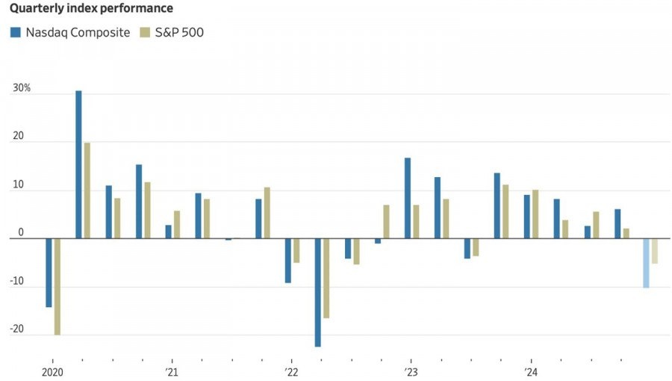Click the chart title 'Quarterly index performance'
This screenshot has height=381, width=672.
(91, 8)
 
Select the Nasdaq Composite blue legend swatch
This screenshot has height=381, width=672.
(15, 32)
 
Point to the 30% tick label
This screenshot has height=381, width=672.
(21, 88)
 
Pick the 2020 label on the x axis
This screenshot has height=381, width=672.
(52, 372)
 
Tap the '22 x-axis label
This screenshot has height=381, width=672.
(291, 372)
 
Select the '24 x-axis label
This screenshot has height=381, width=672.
(530, 372)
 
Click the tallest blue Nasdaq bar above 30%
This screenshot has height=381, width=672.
(78, 164)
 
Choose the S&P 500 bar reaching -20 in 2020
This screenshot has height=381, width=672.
(57, 287)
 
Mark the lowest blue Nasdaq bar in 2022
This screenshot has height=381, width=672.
(317, 293)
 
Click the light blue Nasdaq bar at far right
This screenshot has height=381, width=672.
(646, 263)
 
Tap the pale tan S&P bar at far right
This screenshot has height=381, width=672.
(655, 251)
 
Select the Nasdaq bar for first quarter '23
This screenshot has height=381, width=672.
(408, 198)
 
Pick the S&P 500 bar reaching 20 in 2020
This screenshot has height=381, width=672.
(87, 190)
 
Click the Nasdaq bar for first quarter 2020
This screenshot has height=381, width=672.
(49, 273)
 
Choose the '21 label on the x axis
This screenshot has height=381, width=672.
(172, 372)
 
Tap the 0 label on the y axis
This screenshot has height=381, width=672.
(21, 233)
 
